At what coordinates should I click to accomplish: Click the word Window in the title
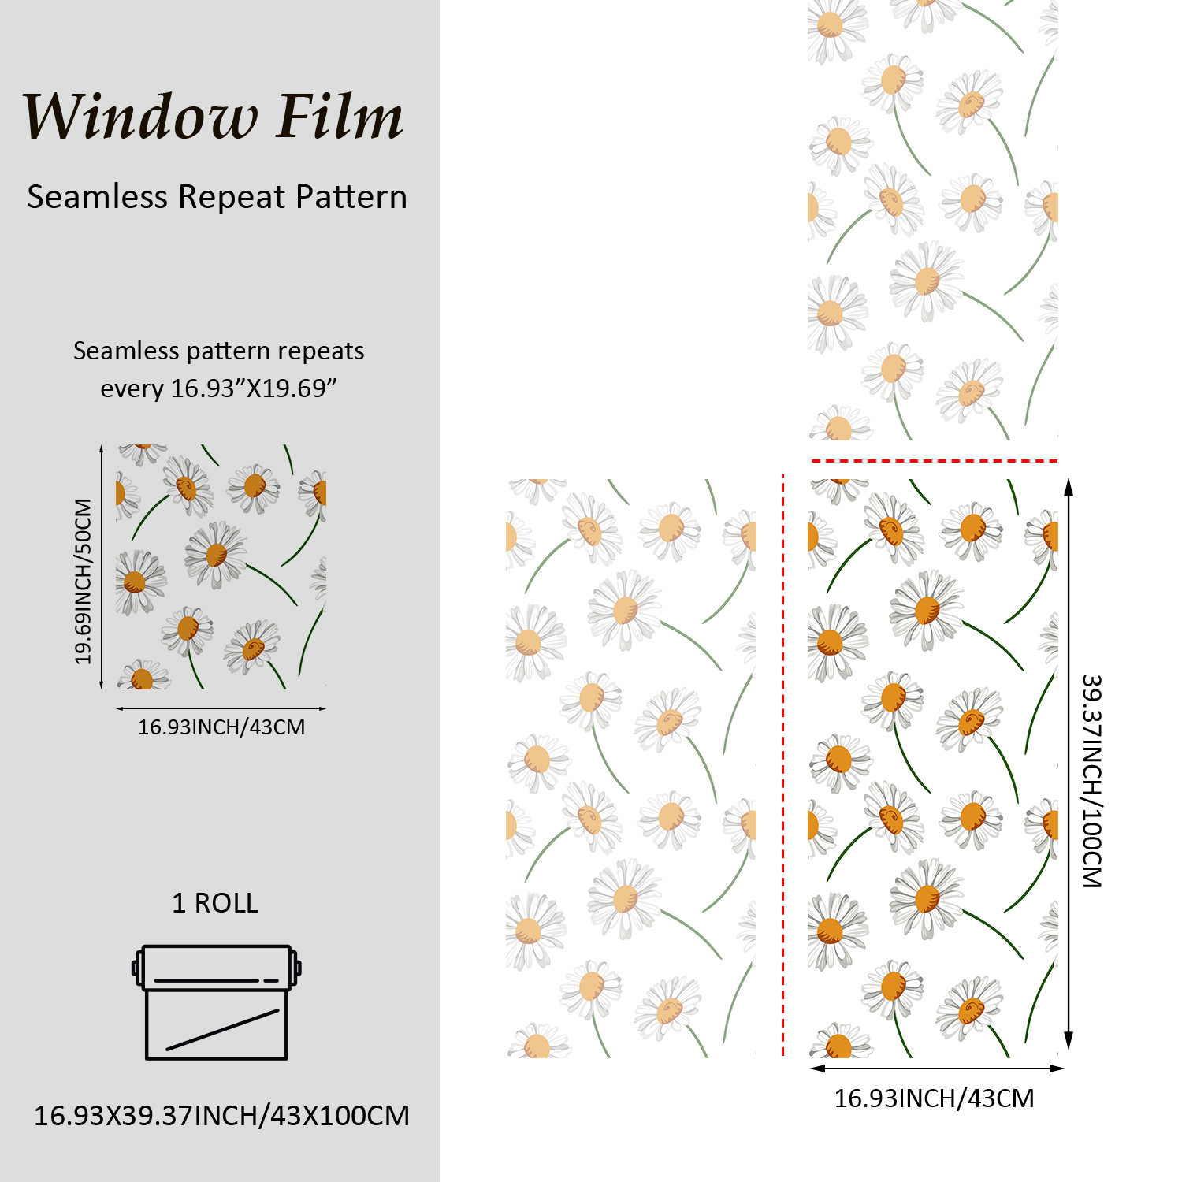coord(140,117)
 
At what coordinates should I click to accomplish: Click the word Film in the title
coord(340,117)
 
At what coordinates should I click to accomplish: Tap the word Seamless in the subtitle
coord(97,196)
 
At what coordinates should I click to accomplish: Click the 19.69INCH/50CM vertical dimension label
coord(84,581)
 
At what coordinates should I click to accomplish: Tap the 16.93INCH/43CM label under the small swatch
coord(221,727)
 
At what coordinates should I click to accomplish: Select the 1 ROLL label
coord(215,903)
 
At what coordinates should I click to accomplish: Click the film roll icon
coord(216,1001)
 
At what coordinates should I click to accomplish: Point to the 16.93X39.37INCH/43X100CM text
coord(221,1116)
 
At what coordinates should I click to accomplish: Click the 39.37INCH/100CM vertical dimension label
coord(1091,780)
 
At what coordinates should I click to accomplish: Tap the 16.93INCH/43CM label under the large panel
coord(934,1098)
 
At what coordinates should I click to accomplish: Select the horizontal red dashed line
coord(935,461)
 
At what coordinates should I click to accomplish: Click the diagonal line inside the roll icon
coord(222,1030)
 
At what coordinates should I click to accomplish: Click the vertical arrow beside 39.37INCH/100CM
coord(1069,764)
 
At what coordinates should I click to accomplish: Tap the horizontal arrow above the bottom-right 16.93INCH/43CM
coord(937,1069)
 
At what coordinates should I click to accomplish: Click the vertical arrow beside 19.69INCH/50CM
coord(102,567)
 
